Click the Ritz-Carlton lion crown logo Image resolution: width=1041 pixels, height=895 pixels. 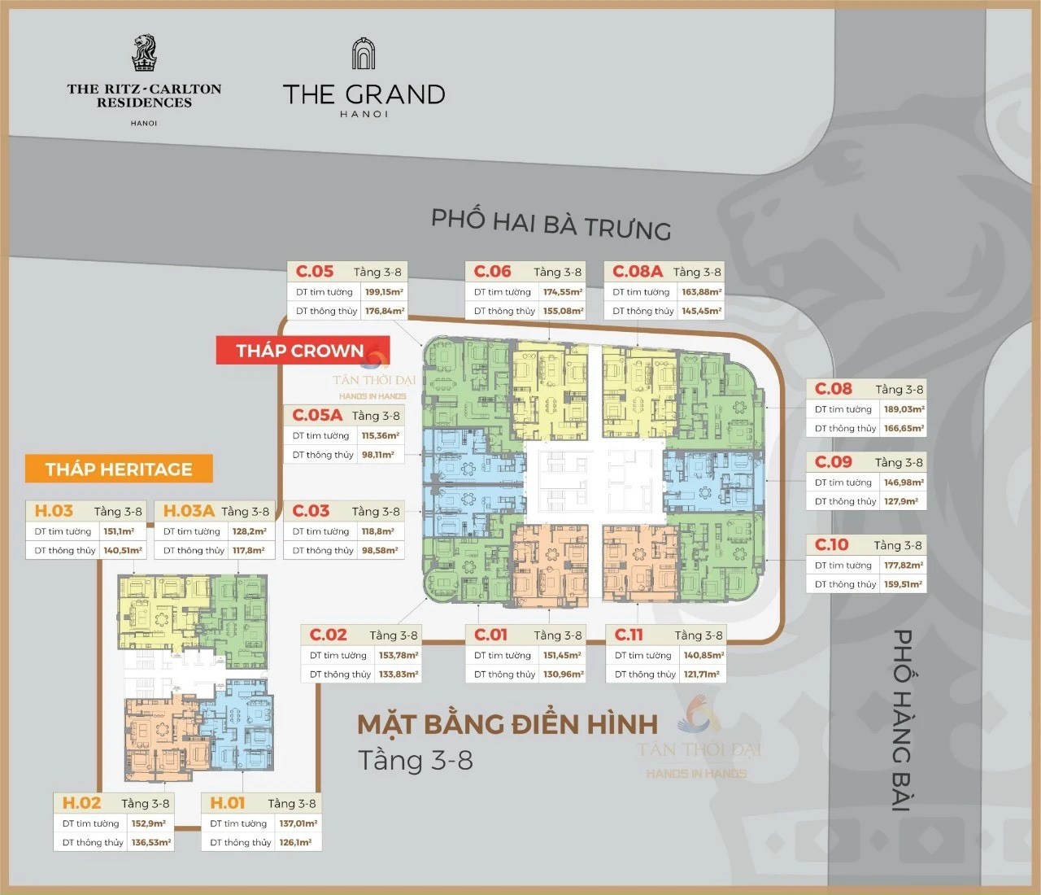point(144,53)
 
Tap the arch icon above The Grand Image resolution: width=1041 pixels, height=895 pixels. point(364,54)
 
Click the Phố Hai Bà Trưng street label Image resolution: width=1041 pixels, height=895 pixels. point(551,224)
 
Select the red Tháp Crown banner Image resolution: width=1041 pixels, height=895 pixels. point(302,351)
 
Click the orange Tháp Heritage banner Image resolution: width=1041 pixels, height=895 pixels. point(119,469)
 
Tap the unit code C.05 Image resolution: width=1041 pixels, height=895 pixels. point(315,272)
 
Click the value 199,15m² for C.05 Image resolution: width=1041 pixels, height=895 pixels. point(384,292)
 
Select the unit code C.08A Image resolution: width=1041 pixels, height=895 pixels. point(638,272)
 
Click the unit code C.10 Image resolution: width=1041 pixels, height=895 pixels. point(831,545)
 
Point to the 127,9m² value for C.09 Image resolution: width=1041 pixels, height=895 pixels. point(901,501)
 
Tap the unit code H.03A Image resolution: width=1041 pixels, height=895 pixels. point(189,511)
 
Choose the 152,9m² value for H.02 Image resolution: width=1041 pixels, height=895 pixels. point(149,823)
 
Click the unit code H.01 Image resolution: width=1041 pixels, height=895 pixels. point(228,803)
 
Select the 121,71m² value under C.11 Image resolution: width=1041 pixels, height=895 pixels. point(702,674)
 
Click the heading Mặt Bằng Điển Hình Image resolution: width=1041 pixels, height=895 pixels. point(507,724)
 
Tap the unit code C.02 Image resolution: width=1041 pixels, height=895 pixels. point(329,635)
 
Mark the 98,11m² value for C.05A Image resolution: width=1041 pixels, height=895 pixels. point(378,455)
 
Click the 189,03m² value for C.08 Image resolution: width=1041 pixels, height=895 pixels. point(904,409)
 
